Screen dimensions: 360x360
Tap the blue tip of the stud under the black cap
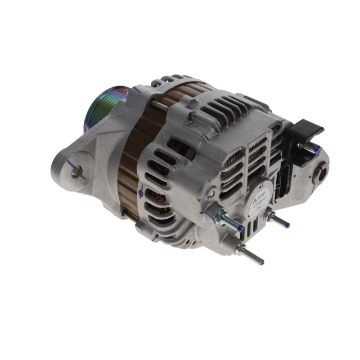point(318,151)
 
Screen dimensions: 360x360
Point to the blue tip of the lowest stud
point(260,262)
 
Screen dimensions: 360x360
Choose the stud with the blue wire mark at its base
point(229,220)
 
